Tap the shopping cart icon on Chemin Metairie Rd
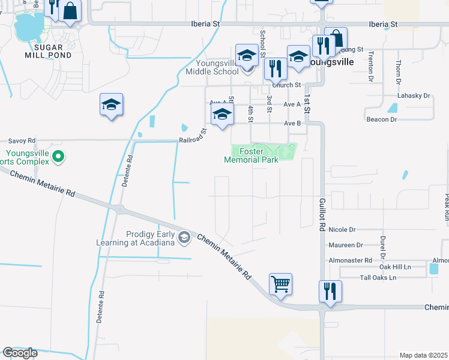(281, 284)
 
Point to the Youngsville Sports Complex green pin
(58, 157)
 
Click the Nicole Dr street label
(342, 230)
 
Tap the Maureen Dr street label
(346, 245)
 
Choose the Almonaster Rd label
(350, 260)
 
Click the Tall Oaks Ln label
(378, 278)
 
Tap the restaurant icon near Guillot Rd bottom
(330, 292)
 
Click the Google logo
(20, 353)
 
